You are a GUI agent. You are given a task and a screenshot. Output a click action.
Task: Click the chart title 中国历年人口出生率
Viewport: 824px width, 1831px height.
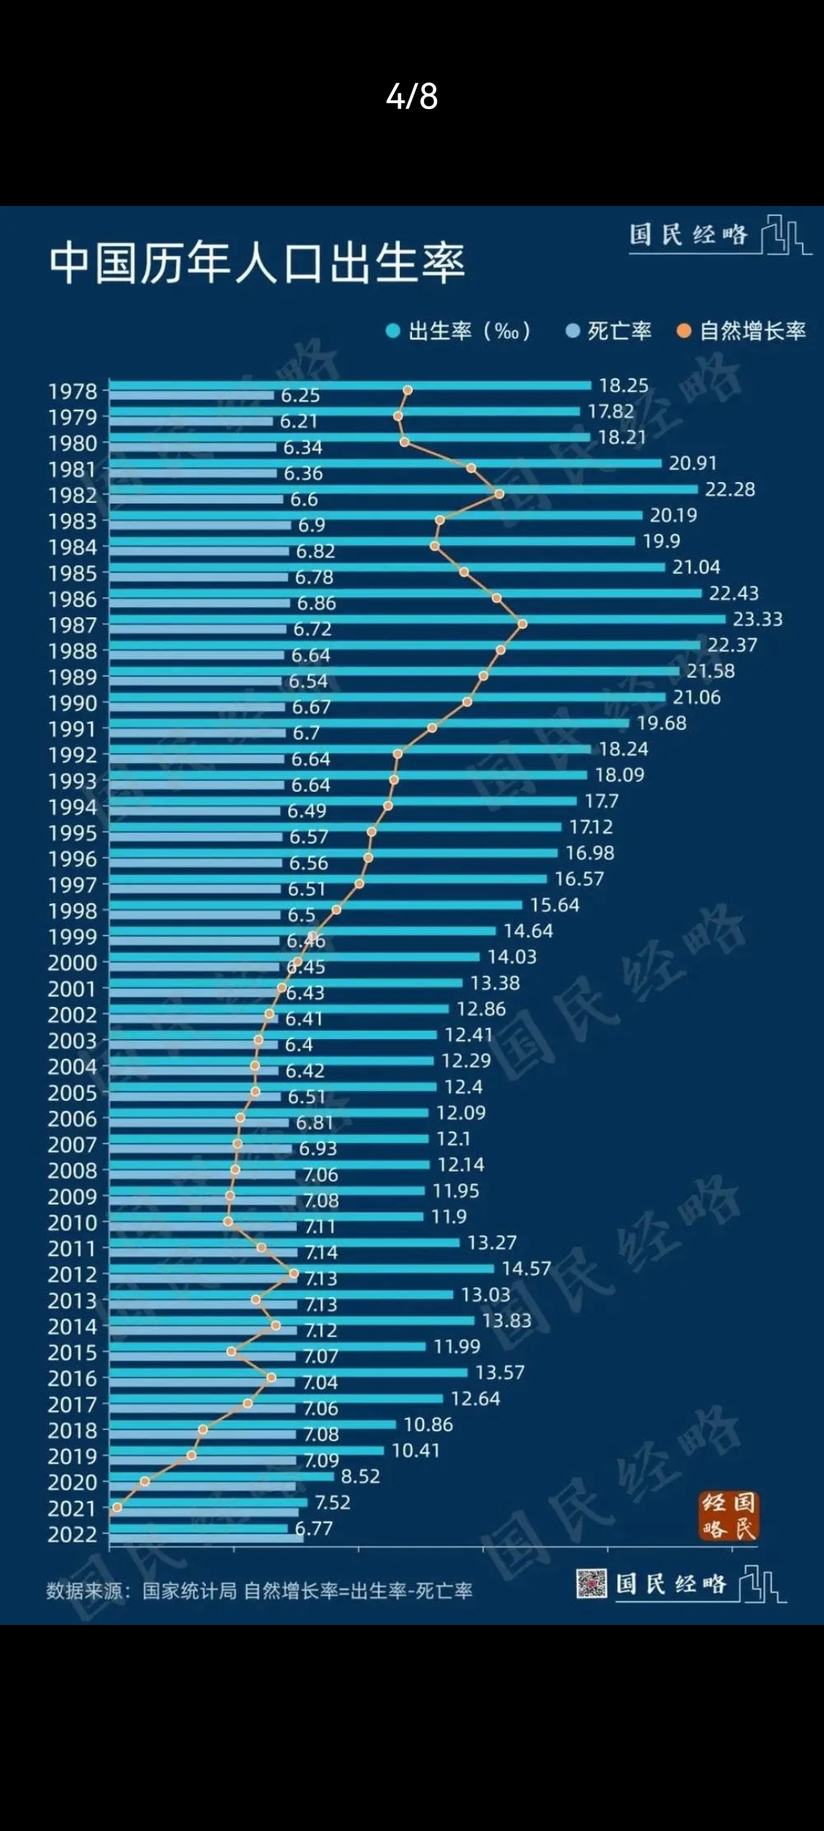(257, 263)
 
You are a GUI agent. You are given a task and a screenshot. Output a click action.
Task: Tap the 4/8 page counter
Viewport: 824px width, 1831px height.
(412, 97)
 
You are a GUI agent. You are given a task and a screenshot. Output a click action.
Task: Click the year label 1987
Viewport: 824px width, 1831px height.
(73, 626)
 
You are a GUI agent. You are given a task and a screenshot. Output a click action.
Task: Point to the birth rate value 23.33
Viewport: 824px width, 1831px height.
(758, 619)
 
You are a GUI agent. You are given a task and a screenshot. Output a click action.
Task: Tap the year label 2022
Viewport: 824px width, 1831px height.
(73, 1534)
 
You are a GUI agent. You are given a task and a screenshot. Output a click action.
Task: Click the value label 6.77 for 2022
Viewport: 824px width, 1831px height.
(314, 1528)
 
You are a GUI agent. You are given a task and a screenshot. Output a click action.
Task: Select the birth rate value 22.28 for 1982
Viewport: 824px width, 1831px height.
(729, 489)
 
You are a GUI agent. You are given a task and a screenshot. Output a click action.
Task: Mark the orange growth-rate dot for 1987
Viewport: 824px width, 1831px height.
(523, 624)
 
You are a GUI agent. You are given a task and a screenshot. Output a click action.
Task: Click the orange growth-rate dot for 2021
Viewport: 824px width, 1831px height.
(117, 1508)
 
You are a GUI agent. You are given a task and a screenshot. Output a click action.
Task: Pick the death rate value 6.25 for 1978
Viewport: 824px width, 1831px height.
(300, 395)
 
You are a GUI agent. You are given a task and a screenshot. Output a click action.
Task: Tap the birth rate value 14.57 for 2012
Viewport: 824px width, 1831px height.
(526, 1269)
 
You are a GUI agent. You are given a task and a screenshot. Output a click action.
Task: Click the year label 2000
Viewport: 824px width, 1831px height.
(73, 963)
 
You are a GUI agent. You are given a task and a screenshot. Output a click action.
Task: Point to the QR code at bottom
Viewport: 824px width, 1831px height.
(591, 1584)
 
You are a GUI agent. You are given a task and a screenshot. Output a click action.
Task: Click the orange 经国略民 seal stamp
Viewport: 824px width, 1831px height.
(729, 1516)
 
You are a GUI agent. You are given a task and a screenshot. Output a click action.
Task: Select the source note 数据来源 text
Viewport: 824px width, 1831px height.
(259, 1591)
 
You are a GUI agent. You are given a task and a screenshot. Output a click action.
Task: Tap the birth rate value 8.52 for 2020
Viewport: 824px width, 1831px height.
(360, 1476)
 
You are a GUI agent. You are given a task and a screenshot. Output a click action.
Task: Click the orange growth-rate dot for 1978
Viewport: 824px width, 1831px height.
(407, 391)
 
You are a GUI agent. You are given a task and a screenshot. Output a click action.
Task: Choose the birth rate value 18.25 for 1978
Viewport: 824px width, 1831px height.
(623, 385)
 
